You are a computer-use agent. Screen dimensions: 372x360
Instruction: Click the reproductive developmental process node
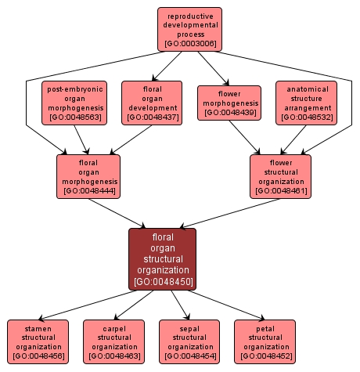(x=189, y=29)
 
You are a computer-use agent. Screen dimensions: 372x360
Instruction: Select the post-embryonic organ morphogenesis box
(x=74, y=103)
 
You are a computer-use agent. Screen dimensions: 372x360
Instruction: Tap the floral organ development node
(x=152, y=103)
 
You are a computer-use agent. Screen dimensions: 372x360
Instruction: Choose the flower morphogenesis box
(x=229, y=103)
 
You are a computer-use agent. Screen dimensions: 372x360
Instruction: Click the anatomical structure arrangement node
(x=306, y=103)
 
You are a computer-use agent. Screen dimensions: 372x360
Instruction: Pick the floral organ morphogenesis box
(x=88, y=176)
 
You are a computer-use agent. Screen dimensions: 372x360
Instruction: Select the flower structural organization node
(x=280, y=176)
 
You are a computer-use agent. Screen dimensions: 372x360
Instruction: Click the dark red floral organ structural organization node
(x=163, y=258)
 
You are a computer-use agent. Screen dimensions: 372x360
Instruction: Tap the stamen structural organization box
(x=37, y=341)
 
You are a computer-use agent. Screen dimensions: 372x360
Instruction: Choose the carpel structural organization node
(x=114, y=341)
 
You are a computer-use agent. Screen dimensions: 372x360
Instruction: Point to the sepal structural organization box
(x=190, y=341)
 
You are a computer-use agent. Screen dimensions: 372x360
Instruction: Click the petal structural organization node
(x=265, y=341)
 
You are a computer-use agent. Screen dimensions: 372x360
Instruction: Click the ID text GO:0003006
(x=189, y=43)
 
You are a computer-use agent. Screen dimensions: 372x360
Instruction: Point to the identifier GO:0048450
(x=163, y=281)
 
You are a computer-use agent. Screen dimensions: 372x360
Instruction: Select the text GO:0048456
(x=37, y=356)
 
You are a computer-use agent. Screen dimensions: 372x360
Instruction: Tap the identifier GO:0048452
(x=265, y=356)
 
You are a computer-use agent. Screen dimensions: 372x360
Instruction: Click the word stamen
(x=37, y=327)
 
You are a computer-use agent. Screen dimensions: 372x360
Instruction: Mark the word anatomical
(x=306, y=88)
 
